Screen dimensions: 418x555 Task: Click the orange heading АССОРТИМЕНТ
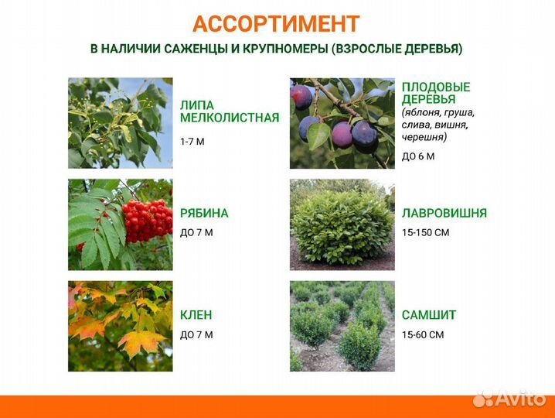(x=276, y=24)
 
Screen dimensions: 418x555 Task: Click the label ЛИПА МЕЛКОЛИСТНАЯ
(x=229, y=111)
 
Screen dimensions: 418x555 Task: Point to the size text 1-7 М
(x=192, y=142)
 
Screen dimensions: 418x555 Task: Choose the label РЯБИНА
(x=204, y=213)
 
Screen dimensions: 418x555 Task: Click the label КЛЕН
(x=196, y=315)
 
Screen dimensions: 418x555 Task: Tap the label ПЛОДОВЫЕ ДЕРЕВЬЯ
(x=436, y=93)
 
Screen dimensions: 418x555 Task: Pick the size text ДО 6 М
(x=418, y=156)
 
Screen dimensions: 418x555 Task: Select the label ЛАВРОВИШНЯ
(x=444, y=213)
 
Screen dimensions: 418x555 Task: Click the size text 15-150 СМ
(x=426, y=232)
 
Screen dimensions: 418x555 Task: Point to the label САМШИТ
(x=429, y=315)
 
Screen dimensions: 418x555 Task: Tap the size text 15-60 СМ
(x=423, y=334)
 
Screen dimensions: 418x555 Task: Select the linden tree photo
(x=120, y=123)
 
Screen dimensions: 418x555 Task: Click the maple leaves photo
(x=120, y=326)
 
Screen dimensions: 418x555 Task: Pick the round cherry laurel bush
(x=342, y=226)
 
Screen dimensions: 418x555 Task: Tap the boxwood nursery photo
(x=342, y=326)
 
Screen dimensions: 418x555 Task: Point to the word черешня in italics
(x=424, y=137)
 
